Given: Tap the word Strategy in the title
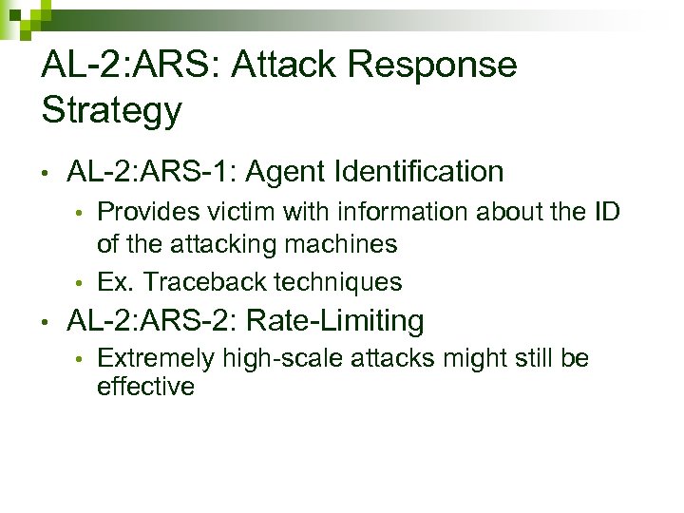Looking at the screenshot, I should (x=111, y=111).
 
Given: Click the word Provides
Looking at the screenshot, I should (x=144, y=210).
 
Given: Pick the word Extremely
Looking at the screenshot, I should (x=156, y=359).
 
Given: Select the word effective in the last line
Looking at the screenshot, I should (x=145, y=387).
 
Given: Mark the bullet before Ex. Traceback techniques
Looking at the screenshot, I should (x=82, y=283).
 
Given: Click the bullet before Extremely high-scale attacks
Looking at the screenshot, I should (x=82, y=360).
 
